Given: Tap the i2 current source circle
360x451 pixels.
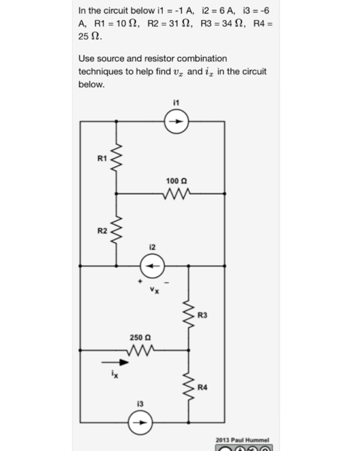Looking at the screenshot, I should [153, 265].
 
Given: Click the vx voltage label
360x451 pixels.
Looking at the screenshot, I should [153, 289].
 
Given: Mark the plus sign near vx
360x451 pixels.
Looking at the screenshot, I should [137, 281].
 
